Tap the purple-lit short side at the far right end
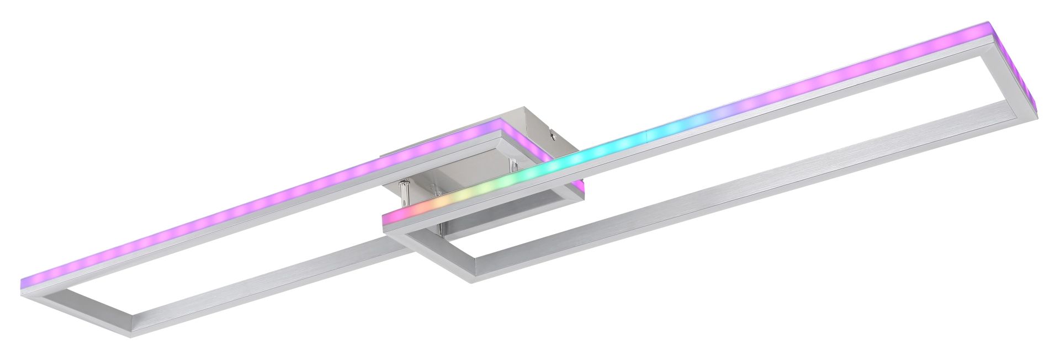pos(1029,75)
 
